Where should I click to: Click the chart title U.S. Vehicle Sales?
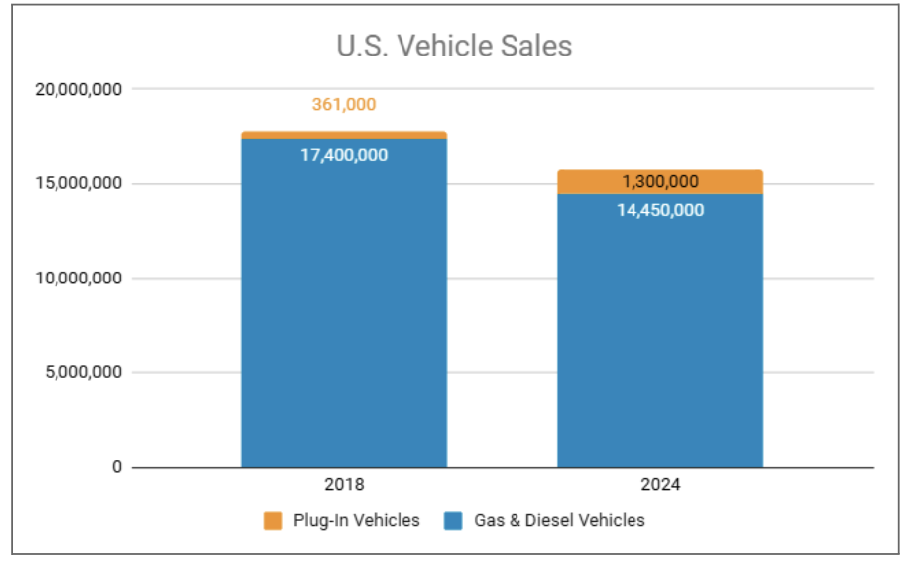pyautogui.click(x=454, y=47)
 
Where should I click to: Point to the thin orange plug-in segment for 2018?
pyautogui.click(x=344, y=135)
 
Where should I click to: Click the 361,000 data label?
pyautogui.click(x=344, y=104)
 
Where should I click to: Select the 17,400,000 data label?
pyautogui.click(x=344, y=155)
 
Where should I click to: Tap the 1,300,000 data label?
pyautogui.click(x=660, y=182)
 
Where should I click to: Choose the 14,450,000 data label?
pyautogui.click(x=660, y=210)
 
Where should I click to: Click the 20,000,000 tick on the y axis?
pyautogui.click(x=78, y=90)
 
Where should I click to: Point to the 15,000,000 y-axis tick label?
pyautogui.click(x=78, y=184)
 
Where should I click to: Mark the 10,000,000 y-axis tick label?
pyautogui.click(x=78, y=279)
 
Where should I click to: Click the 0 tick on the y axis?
pyautogui.click(x=116, y=467)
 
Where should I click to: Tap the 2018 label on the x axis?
pyautogui.click(x=344, y=486)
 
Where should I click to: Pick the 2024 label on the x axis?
pyautogui.click(x=660, y=486)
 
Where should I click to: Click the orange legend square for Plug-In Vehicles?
pyautogui.click(x=273, y=521)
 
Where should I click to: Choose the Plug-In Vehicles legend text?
pyautogui.click(x=356, y=521)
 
